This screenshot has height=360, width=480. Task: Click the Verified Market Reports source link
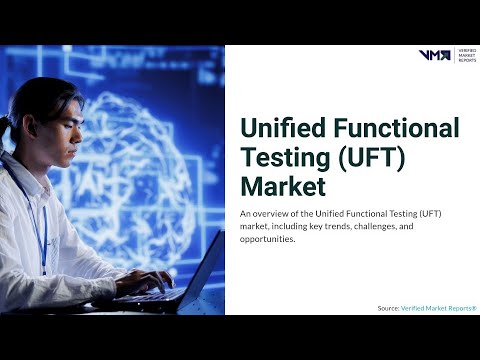pos(439,308)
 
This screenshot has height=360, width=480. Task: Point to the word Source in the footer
pos(387,308)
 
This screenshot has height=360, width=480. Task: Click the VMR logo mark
pos(434,55)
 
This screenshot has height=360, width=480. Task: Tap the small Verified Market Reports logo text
pos(467,55)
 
